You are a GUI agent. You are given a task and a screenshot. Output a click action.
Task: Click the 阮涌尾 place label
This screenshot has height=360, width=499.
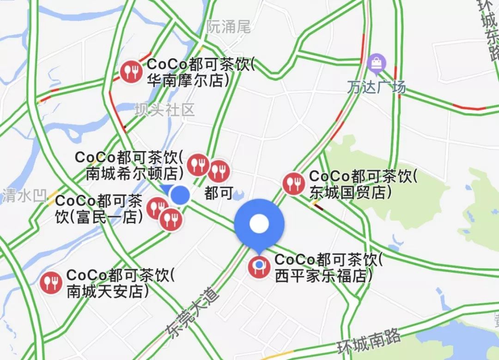tap(228, 27)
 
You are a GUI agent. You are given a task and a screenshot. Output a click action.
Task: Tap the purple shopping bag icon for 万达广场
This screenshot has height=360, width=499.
tap(377, 63)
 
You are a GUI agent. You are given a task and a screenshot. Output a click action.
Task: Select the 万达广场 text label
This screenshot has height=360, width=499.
tap(377, 87)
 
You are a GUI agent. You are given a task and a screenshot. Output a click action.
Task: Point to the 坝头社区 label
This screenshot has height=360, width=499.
tap(165, 110)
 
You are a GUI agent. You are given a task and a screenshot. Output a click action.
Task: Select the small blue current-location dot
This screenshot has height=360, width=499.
tap(180, 195)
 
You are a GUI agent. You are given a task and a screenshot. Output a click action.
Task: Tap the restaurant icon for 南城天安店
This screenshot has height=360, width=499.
tap(51, 282)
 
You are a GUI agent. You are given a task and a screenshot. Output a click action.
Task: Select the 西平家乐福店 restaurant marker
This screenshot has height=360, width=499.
tap(259, 267)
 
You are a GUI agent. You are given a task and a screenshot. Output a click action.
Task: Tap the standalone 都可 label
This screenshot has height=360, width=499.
tap(219, 193)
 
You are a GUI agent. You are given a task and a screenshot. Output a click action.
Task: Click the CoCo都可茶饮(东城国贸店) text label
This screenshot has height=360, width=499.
tap(363, 184)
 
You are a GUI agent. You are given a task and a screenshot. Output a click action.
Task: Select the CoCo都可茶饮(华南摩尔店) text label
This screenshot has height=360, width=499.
tap(201, 72)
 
